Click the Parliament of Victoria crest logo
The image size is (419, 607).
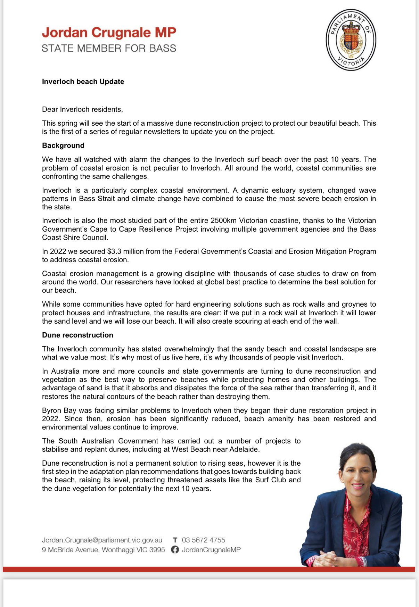pyautogui.click(x=351, y=40)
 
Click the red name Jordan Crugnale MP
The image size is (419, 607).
pyautogui.click(x=109, y=33)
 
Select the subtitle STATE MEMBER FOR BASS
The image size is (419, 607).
pyautogui.click(x=109, y=48)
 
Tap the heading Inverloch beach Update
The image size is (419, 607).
pyautogui.click(x=83, y=82)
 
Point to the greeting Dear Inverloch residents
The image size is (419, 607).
pyautogui.click(x=82, y=109)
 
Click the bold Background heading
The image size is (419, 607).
pyautogui.click(x=63, y=145)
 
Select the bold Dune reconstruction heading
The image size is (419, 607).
pyautogui.click(x=77, y=335)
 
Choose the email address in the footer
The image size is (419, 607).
pyautogui.click(x=102, y=540)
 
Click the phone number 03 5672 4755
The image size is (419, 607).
pyautogui.click(x=203, y=540)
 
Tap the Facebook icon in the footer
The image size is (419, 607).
pyautogui.click(x=175, y=550)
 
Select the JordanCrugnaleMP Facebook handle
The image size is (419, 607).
pyautogui.click(x=211, y=550)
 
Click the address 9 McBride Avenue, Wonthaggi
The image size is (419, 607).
pyautogui.click(x=103, y=550)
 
